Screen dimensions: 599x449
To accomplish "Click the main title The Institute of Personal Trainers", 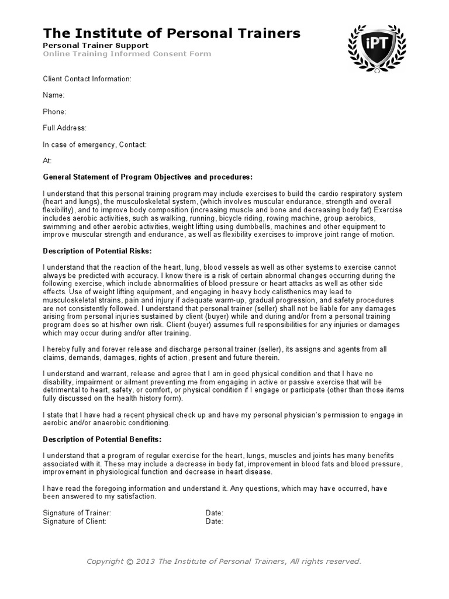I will coord(172,33).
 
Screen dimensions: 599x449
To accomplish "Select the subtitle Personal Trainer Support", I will coord(95,45).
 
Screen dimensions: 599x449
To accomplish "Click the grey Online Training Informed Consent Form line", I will coord(127,54).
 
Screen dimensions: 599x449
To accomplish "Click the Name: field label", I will coord(53,95).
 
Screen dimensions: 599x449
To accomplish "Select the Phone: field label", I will coord(54,111).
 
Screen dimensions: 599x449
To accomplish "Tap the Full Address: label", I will coord(64,128).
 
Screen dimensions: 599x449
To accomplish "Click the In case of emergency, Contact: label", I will coord(95,144).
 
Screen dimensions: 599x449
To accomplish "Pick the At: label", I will coord(47,160).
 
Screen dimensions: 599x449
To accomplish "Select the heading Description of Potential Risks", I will coord(97,251).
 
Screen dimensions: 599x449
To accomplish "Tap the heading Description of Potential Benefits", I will coord(102,439).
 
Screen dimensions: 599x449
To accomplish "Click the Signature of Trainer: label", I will coord(77,513).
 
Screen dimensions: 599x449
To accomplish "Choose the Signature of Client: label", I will coord(74,521).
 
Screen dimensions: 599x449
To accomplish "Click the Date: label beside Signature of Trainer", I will coord(214,513).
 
